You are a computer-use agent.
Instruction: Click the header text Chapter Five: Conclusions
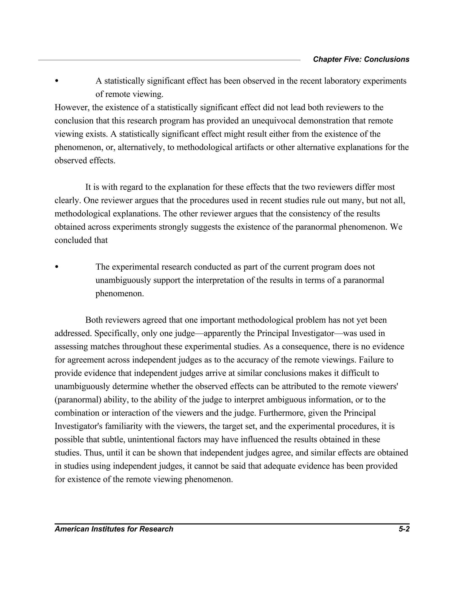361,59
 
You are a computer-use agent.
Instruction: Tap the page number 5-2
404,529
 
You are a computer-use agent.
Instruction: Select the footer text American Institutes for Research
114,529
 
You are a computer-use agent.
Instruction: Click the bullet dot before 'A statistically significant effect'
57,81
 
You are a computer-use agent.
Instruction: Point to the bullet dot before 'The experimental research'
57,267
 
